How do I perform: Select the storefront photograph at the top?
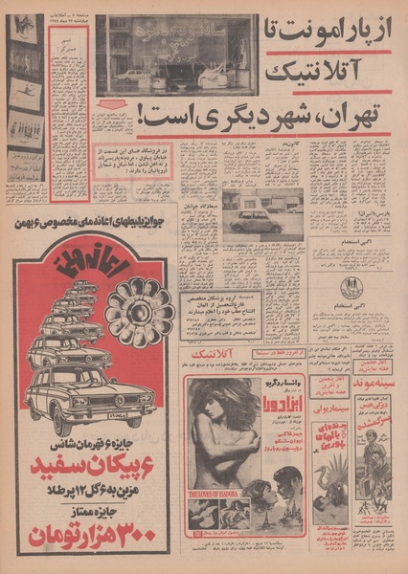tap(176, 55)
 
